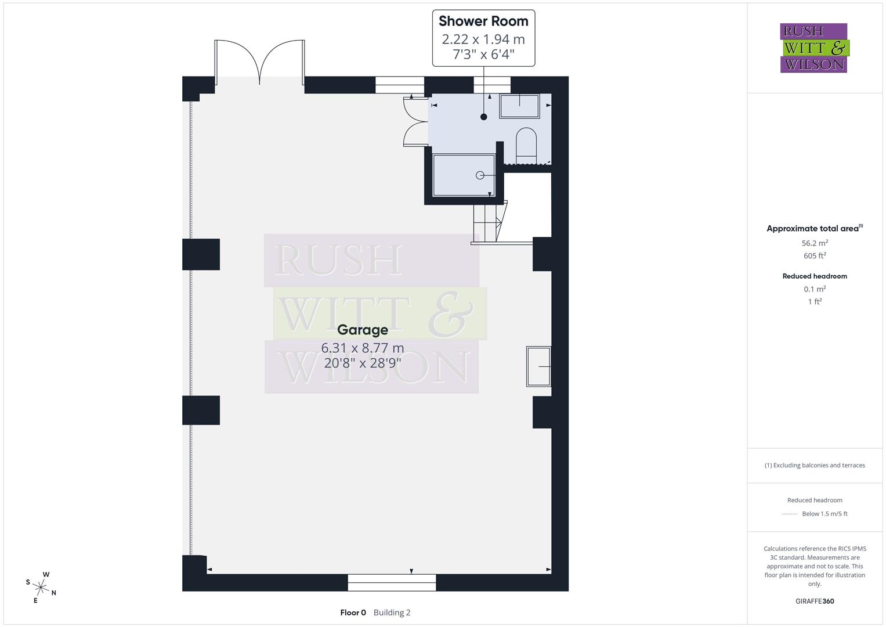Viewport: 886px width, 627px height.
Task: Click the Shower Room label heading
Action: tap(483, 21)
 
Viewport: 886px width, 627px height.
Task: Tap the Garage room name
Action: tap(363, 330)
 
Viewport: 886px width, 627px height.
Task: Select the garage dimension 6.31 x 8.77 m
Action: tap(363, 348)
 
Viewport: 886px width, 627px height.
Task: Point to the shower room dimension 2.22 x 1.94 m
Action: tap(483, 39)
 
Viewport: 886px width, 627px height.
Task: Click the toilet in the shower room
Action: tap(527, 143)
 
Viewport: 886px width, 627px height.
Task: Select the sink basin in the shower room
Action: tap(520, 106)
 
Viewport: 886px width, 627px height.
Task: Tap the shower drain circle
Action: tap(480, 175)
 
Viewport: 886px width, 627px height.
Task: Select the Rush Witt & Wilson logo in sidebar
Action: tap(813, 48)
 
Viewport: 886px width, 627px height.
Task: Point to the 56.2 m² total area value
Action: tap(815, 243)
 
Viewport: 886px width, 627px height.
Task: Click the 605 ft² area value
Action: tap(815, 255)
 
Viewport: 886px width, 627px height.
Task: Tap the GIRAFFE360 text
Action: tap(815, 601)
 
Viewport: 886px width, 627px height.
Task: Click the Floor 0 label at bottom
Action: tap(353, 612)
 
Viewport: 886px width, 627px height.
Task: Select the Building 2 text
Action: tap(392, 612)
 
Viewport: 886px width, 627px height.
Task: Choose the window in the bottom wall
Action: tap(392, 582)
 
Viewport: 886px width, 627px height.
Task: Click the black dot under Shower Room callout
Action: tap(484, 117)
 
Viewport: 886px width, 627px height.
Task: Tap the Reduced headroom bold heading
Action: tap(815, 276)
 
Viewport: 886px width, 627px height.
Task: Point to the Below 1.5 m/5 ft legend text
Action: tap(824, 514)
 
